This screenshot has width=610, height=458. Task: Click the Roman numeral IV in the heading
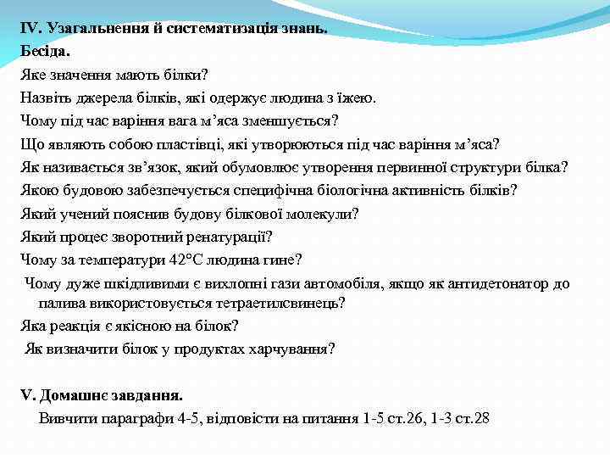[x=30, y=28]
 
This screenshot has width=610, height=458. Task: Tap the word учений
[x=79, y=212]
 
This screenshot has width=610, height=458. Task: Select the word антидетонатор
[x=503, y=283]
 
